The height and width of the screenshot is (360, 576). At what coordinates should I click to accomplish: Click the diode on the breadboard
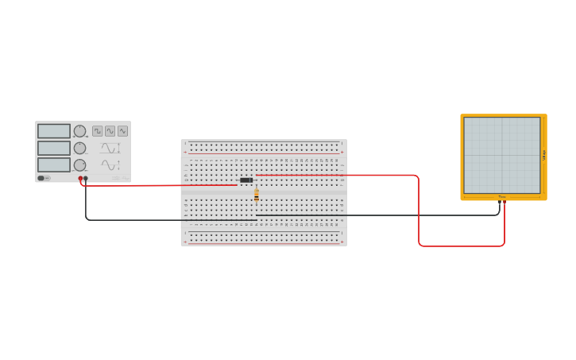tap(246, 180)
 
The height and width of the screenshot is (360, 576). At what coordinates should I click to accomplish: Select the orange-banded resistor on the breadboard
tap(256, 194)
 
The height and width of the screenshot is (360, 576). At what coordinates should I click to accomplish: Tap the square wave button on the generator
tap(97, 131)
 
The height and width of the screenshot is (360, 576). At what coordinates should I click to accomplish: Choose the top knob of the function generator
tap(79, 131)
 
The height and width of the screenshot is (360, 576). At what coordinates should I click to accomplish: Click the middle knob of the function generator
tap(79, 148)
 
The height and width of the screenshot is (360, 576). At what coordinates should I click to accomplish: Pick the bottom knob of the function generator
tap(79, 165)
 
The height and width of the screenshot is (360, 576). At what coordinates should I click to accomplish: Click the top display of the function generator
tap(54, 131)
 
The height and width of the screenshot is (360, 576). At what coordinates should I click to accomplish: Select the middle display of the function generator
tap(54, 148)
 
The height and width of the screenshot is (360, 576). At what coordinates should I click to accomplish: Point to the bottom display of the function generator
tap(54, 165)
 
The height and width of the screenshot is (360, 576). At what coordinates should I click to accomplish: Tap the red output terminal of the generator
tap(80, 179)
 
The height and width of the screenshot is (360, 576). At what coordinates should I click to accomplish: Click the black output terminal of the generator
tap(86, 179)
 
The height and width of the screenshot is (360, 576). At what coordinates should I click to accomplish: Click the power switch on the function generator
tap(41, 178)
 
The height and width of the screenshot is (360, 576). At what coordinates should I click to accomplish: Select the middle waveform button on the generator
tap(110, 131)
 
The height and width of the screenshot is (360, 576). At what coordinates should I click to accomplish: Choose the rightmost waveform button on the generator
tap(122, 131)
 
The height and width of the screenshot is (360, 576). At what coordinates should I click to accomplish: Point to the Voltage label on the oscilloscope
tap(544, 156)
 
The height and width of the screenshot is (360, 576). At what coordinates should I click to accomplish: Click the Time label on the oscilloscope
tap(502, 196)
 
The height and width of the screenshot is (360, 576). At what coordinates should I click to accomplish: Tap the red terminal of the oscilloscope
tap(504, 202)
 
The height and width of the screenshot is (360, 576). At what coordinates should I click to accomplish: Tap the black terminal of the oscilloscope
tap(500, 202)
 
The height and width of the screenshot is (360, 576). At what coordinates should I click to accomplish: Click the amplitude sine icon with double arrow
tap(110, 148)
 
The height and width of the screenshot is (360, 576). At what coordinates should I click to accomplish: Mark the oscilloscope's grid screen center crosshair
tap(502, 156)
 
